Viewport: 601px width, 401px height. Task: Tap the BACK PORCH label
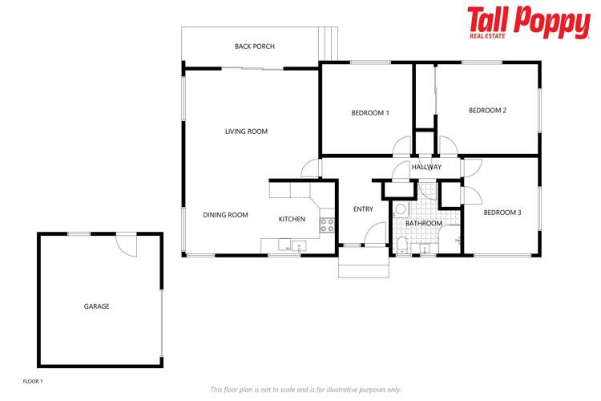(x=254, y=47)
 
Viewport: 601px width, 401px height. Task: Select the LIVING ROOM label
(x=246, y=132)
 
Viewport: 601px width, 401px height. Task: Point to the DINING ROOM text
(x=225, y=215)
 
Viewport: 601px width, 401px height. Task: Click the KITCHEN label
(x=292, y=219)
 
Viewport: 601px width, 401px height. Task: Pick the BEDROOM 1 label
(x=370, y=113)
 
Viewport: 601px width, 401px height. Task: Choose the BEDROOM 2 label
(x=487, y=111)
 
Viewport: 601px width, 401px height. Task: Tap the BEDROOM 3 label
(x=502, y=213)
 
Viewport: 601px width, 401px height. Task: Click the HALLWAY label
(x=426, y=168)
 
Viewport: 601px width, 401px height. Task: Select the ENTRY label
(x=363, y=209)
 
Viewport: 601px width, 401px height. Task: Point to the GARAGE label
(x=96, y=306)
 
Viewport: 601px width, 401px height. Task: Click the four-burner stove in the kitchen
(x=327, y=225)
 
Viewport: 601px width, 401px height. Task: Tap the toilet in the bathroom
(x=402, y=245)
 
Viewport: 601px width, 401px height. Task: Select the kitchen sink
(x=298, y=246)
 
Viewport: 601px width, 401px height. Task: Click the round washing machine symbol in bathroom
(x=401, y=209)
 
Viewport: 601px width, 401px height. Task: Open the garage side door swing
(x=126, y=244)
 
